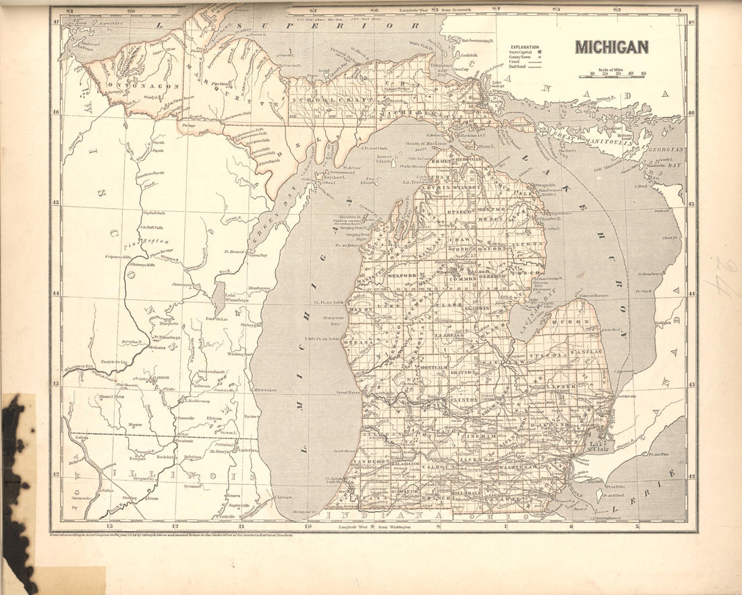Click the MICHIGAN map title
(611, 47)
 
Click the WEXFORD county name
(401, 276)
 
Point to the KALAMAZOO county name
(406, 465)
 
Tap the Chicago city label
(283, 497)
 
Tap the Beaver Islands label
(384, 159)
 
